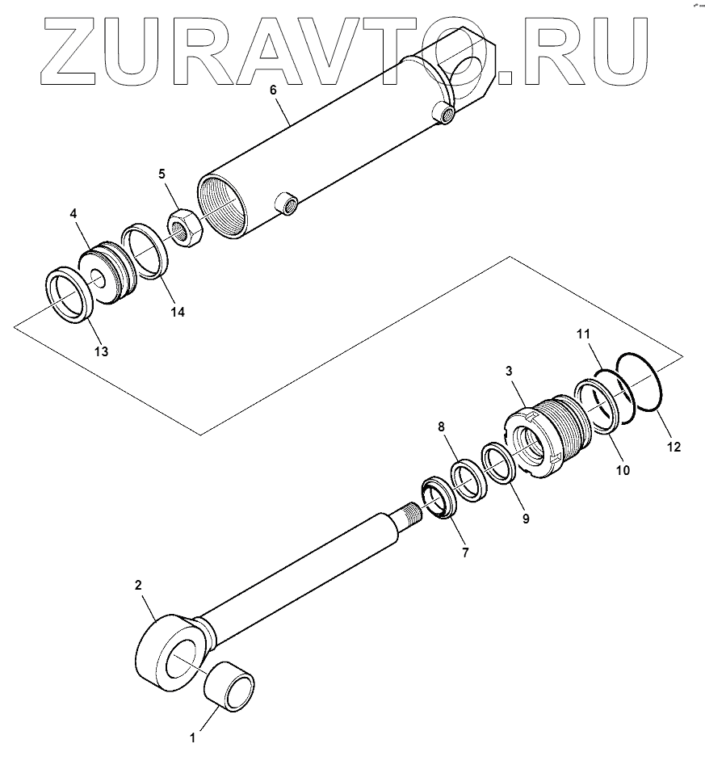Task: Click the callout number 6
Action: pos(273,90)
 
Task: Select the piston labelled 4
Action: pos(109,270)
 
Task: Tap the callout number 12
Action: pos(674,446)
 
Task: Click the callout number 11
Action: pos(583,333)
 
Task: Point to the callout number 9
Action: pos(525,519)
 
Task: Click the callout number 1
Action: pos(191,737)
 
